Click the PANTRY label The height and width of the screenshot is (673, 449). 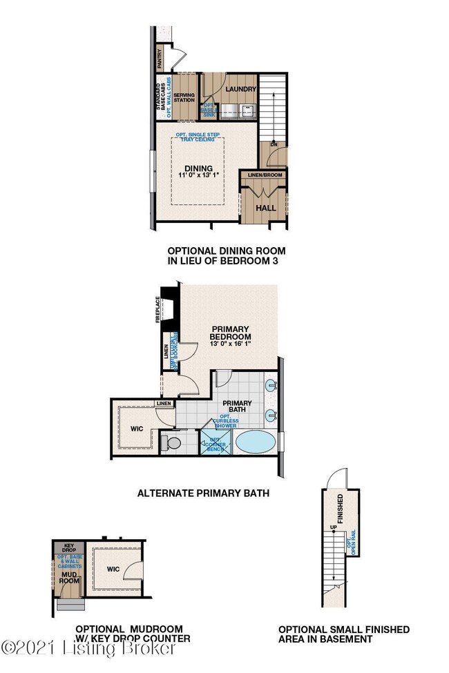tap(160, 58)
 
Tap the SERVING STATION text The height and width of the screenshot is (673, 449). tap(184, 97)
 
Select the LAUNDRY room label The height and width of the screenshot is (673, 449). tap(241, 89)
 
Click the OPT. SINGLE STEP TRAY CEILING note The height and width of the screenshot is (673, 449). tap(198, 137)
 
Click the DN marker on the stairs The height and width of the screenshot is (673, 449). tap(273, 145)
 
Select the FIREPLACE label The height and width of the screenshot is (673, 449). tap(158, 309)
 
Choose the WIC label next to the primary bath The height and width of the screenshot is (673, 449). tap(135, 428)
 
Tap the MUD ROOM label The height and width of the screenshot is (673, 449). tap(68, 577)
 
